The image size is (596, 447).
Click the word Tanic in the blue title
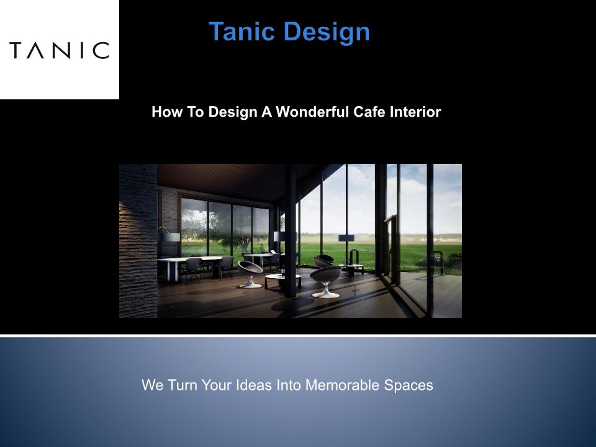(242, 31)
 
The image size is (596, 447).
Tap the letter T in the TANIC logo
(17, 50)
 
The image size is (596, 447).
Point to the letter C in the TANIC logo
(101, 50)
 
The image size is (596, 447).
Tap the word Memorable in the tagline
(343, 385)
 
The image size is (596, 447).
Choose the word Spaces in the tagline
(409, 386)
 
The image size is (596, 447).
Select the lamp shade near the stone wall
(169, 237)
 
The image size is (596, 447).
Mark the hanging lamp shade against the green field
(346, 238)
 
